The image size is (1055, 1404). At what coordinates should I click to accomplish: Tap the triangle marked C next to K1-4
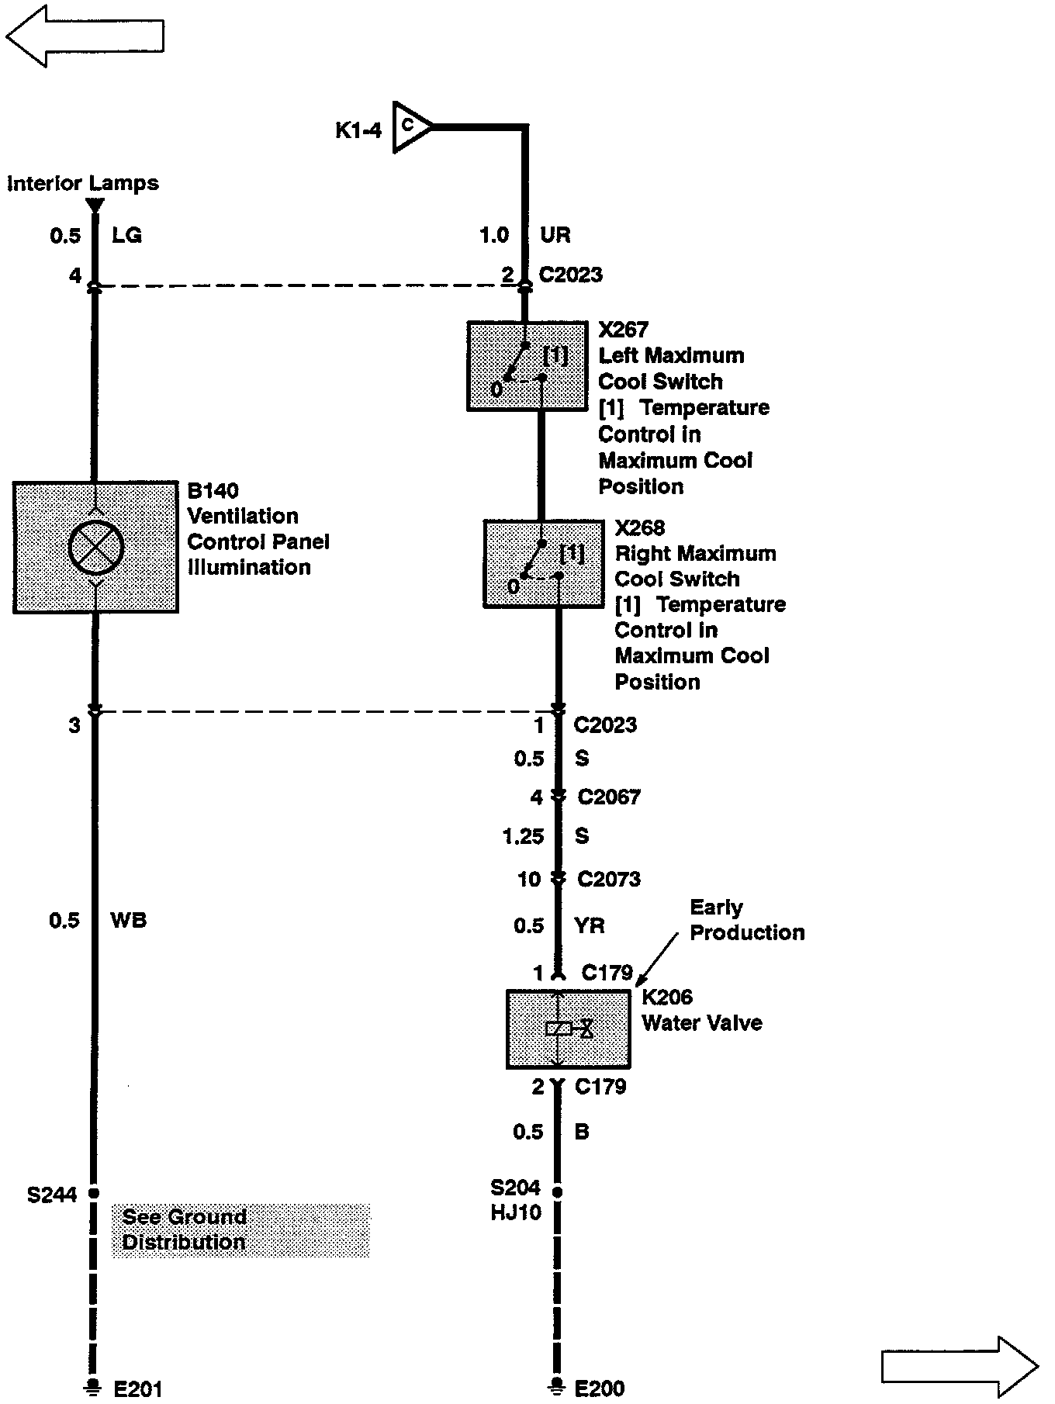(x=410, y=126)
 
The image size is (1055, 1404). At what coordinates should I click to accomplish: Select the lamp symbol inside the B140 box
(x=95, y=548)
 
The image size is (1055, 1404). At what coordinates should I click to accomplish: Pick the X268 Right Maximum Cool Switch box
(x=543, y=564)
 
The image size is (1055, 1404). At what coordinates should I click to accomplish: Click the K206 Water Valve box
(x=568, y=1029)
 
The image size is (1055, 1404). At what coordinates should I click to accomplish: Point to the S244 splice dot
(x=94, y=1194)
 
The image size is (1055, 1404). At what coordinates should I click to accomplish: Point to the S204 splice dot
(x=557, y=1191)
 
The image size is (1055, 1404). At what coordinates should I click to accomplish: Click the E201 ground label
(x=137, y=1389)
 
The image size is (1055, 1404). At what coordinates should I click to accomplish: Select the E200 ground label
(x=600, y=1388)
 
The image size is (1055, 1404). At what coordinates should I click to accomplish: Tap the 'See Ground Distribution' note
(x=240, y=1229)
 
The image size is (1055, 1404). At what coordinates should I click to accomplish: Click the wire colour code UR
(x=555, y=235)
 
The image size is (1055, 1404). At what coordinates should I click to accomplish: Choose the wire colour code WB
(x=129, y=921)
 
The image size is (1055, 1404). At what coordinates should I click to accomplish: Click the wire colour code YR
(x=590, y=925)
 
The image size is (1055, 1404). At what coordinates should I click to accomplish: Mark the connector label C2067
(x=609, y=797)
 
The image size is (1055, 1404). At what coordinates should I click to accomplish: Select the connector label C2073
(x=609, y=879)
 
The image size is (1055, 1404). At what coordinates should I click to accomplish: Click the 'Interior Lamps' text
(x=83, y=184)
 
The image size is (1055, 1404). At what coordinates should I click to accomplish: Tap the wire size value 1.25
(x=523, y=836)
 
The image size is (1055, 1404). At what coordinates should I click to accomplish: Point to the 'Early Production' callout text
(x=746, y=920)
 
